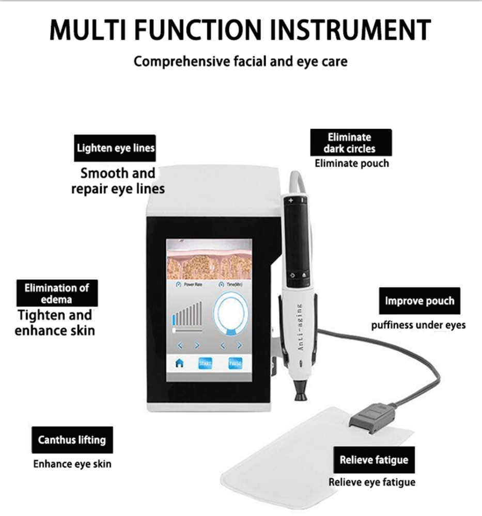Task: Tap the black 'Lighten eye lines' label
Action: pyautogui.click(x=115, y=149)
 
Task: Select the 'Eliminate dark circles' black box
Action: pyautogui.click(x=351, y=143)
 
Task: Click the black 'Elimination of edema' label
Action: pyautogui.click(x=57, y=293)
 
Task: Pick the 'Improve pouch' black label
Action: pyautogui.click(x=419, y=301)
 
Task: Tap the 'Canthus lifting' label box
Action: pyautogui.click(x=72, y=440)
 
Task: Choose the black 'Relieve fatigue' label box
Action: pyautogui.click(x=374, y=460)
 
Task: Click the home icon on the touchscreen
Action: pyautogui.click(x=179, y=363)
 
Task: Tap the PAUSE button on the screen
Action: pyautogui.click(x=236, y=363)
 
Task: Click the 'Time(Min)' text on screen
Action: pyautogui.click(x=234, y=284)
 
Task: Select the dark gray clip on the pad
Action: pyautogui.click(x=372, y=416)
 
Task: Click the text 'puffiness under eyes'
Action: pyautogui.click(x=418, y=325)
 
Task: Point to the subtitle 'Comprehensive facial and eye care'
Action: pyautogui.click(x=240, y=62)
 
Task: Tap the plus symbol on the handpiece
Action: pyautogui.click(x=291, y=200)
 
